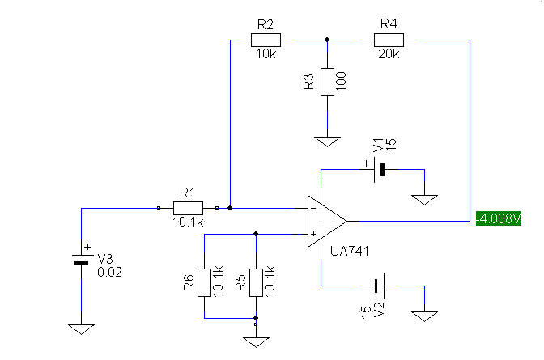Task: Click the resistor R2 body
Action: [x=266, y=40]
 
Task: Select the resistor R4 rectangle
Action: [x=389, y=40]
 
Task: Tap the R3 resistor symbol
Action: [x=327, y=82]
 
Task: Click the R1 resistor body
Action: [x=188, y=208]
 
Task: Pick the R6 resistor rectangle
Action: [x=204, y=282]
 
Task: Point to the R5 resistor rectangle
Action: [x=256, y=282]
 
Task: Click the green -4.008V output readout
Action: [x=499, y=218]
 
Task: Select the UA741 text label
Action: [x=350, y=251]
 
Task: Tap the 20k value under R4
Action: [x=389, y=53]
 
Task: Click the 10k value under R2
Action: [x=266, y=53]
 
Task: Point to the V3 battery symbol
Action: [x=82, y=259]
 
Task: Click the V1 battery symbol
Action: [x=379, y=170]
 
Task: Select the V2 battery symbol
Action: [x=380, y=286]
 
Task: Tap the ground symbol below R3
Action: [x=327, y=142]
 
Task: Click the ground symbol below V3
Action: [x=81, y=329]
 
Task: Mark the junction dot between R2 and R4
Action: [x=327, y=40]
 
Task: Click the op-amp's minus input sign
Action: [x=313, y=208]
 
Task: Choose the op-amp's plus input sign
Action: [x=313, y=234]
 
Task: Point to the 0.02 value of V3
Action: [x=109, y=273]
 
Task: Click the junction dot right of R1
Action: [x=230, y=208]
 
